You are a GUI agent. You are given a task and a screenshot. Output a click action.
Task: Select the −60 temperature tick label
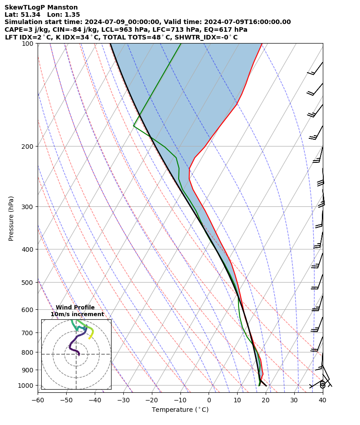coord(38,400)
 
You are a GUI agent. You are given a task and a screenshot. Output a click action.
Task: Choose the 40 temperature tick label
coord(322,400)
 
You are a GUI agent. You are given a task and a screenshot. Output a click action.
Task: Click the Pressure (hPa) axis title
coord(11,218)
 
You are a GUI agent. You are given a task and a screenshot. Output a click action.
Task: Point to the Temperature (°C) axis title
coord(180,410)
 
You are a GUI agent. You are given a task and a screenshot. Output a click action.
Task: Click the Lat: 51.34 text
coord(22,15)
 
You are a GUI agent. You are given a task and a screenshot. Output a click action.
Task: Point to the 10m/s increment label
coord(77,314)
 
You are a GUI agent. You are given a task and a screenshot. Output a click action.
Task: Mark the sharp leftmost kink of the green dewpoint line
coord(134,126)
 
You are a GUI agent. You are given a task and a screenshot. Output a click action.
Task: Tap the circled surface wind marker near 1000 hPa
coord(322,385)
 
